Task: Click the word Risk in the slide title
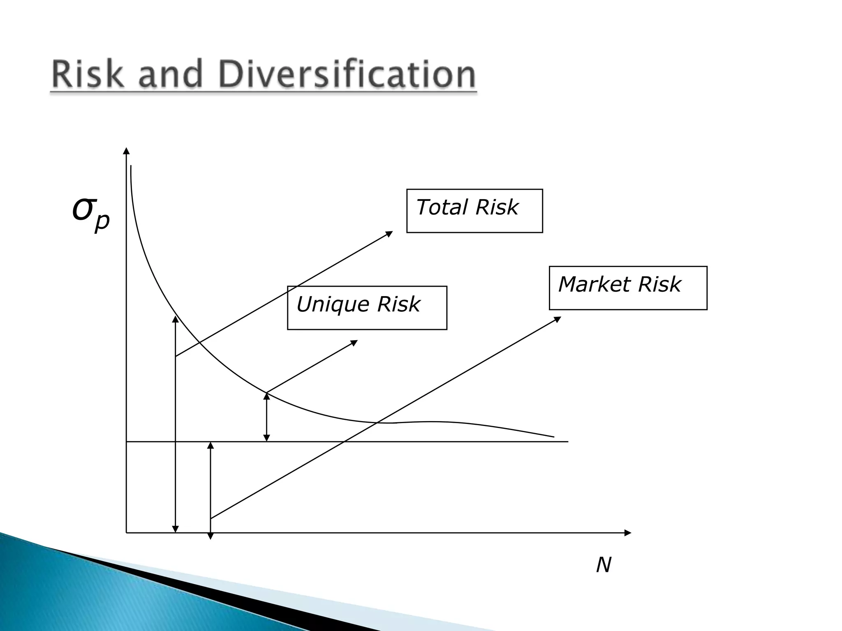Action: pos(87,74)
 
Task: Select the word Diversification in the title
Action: pos(347,74)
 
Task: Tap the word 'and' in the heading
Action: pos(170,74)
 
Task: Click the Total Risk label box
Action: pos(474,211)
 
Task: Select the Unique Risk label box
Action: pos(367,308)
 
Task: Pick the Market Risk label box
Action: pos(628,288)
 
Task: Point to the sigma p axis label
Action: pos(91,213)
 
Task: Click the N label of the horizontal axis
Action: pos(603,565)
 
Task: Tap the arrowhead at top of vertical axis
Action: pos(126,151)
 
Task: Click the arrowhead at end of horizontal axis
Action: pos(627,533)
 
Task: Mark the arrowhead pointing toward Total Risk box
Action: pos(389,234)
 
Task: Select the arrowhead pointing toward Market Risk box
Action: pos(557,319)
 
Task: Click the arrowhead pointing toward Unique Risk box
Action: pos(354,342)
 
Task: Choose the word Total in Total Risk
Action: pos(442,207)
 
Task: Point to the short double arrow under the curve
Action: pos(266,417)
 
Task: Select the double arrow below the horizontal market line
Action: pos(210,489)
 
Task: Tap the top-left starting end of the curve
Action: pos(131,166)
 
